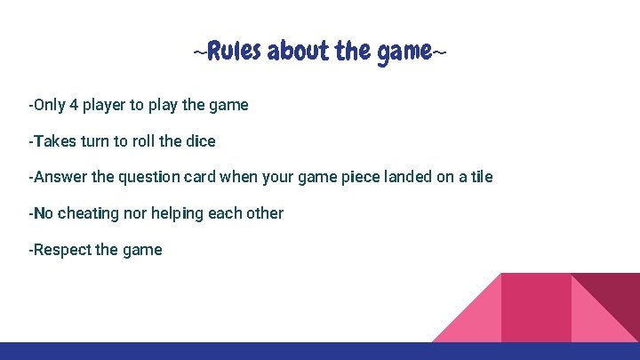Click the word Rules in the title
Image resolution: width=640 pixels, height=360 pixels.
tap(234, 52)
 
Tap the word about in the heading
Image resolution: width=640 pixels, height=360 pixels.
tap(299, 52)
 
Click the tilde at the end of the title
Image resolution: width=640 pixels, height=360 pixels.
tap(439, 53)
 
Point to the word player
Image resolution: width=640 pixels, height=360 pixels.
tap(105, 105)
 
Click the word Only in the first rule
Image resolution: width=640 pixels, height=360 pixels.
tap(50, 105)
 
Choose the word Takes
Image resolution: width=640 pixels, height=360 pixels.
tap(53, 141)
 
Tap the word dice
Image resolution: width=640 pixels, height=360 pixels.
tap(199, 141)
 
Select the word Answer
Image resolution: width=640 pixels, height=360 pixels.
tap(60, 177)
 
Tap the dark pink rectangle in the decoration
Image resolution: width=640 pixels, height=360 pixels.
tap(536, 307)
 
